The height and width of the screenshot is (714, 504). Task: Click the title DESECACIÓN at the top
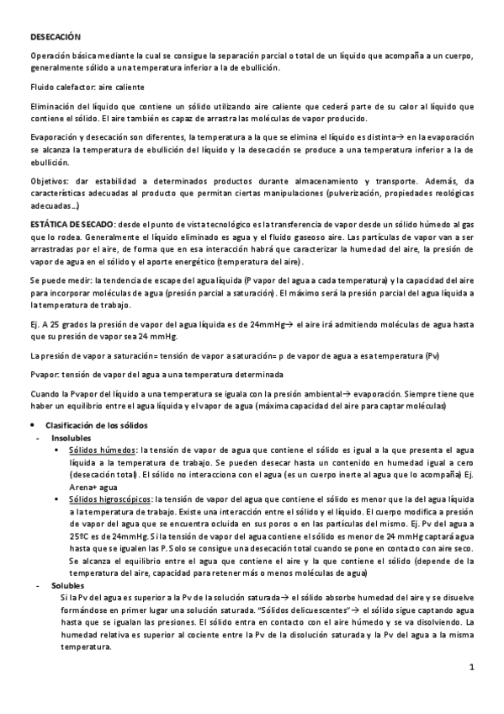[x=55, y=37]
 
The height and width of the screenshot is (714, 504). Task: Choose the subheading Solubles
[x=67, y=583]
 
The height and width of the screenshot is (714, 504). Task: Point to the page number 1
[x=473, y=668]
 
